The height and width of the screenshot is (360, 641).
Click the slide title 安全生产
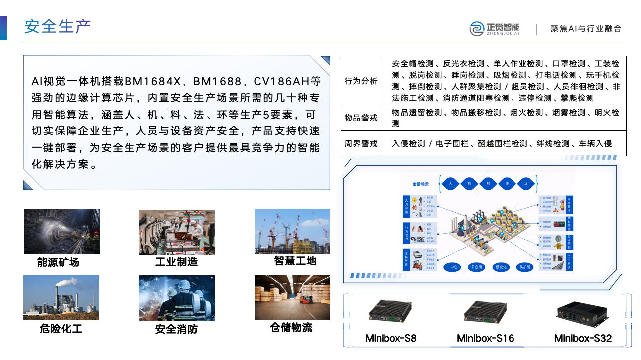coord(57,26)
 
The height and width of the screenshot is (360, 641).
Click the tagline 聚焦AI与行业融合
coord(586,29)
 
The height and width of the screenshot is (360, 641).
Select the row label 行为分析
coord(361,81)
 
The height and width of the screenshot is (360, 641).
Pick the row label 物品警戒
coord(361,118)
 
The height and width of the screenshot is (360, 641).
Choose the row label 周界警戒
coord(361,144)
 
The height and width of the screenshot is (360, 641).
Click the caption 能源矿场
coord(58,262)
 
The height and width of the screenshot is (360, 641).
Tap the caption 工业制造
coord(176,262)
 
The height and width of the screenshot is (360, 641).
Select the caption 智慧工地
coord(295,261)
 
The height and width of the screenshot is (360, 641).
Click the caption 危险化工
coord(61,329)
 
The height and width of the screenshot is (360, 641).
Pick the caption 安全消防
coord(176,329)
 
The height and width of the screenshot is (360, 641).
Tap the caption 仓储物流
coord(291,327)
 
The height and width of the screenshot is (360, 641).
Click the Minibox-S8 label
coord(390,339)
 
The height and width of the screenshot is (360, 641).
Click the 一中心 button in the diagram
coord(452,267)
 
